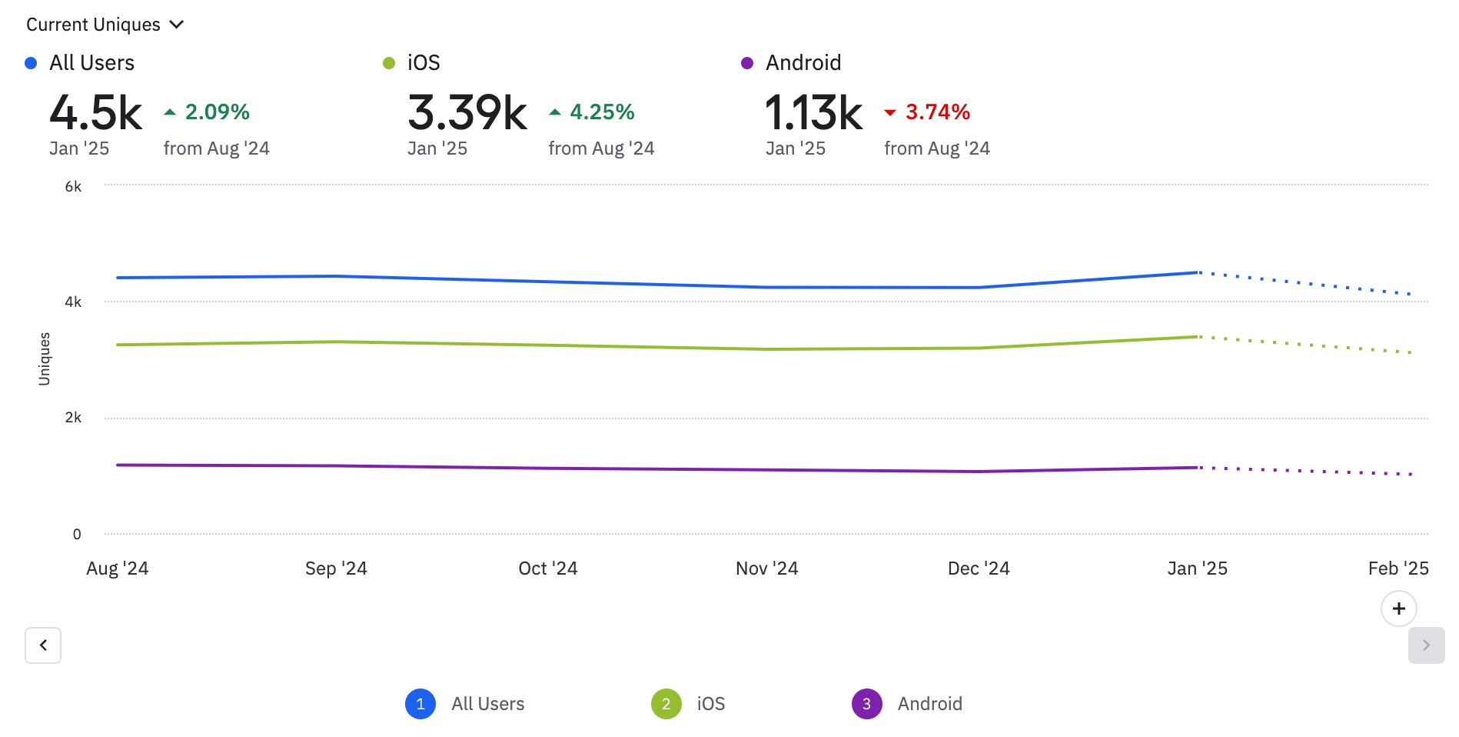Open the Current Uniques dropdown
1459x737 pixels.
pyautogui.click(x=105, y=25)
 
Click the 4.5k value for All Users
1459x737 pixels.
pyautogui.click(x=96, y=113)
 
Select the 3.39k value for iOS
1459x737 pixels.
pyautogui.click(x=467, y=113)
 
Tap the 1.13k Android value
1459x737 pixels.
pyautogui.click(x=814, y=113)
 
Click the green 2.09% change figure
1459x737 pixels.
pyautogui.click(x=217, y=112)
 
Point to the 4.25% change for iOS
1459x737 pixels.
pyautogui.click(x=601, y=112)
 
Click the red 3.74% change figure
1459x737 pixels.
pyautogui.click(x=937, y=112)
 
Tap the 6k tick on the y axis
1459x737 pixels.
pyautogui.click(x=73, y=187)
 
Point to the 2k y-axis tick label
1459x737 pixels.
pyautogui.click(x=73, y=418)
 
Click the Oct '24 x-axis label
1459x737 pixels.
pyautogui.click(x=547, y=569)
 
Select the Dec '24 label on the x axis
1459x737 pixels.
pyautogui.click(x=978, y=569)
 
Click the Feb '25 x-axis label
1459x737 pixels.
pyautogui.click(x=1398, y=569)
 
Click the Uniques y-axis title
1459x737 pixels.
pyautogui.click(x=45, y=358)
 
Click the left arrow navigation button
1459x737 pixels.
pyautogui.click(x=43, y=645)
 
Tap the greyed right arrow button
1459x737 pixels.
pyautogui.click(x=1426, y=645)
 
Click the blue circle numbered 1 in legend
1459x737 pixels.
pyautogui.click(x=420, y=704)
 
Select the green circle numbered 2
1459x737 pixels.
pyautogui.click(x=666, y=704)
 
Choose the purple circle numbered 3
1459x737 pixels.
pyautogui.click(x=866, y=704)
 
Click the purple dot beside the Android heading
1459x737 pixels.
pyautogui.click(x=746, y=63)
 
